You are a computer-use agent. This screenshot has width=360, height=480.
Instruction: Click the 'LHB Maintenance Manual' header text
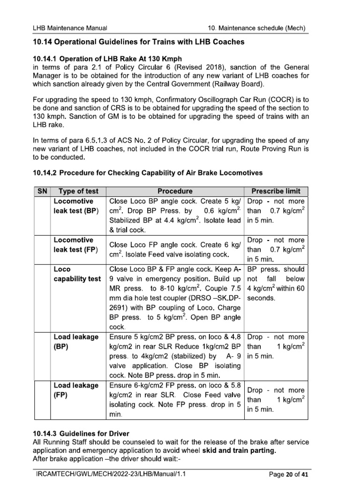[70, 29]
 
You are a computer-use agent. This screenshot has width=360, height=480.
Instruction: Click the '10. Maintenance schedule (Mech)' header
[257, 29]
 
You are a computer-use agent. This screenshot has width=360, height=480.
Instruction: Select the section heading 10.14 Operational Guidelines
[139, 43]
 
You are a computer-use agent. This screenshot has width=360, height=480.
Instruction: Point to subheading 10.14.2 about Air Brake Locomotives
[148, 173]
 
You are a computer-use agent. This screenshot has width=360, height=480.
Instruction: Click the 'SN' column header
[41, 191]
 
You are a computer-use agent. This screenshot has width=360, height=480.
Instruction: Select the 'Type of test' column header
[78, 191]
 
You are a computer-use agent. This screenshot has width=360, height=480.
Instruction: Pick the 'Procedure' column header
[175, 191]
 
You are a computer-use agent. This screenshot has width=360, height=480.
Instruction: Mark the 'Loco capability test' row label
[77, 274]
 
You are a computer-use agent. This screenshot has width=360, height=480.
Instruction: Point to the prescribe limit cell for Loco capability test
[276, 284]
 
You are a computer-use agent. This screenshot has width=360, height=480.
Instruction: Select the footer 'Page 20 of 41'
[287, 474]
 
